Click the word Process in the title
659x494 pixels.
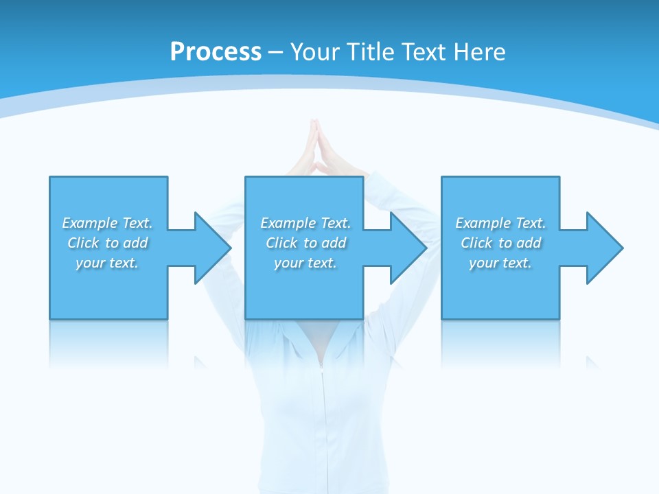click(x=216, y=52)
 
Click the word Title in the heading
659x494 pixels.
click(x=371, y=52)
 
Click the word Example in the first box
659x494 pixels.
click(x=89, y=223)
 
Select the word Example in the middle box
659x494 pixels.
click(x=288, y=223)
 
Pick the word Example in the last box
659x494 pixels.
click(x=483, y=223)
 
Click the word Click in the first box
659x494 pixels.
click(x=83, y=243)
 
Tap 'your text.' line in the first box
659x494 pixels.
click(x=107, y=263)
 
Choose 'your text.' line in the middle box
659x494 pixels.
click(x=305, y=263)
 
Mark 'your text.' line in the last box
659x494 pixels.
click(x=500, y=263)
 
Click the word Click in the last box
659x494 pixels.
click(x=476, y=243)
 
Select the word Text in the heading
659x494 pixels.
click(x=423, y=52)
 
